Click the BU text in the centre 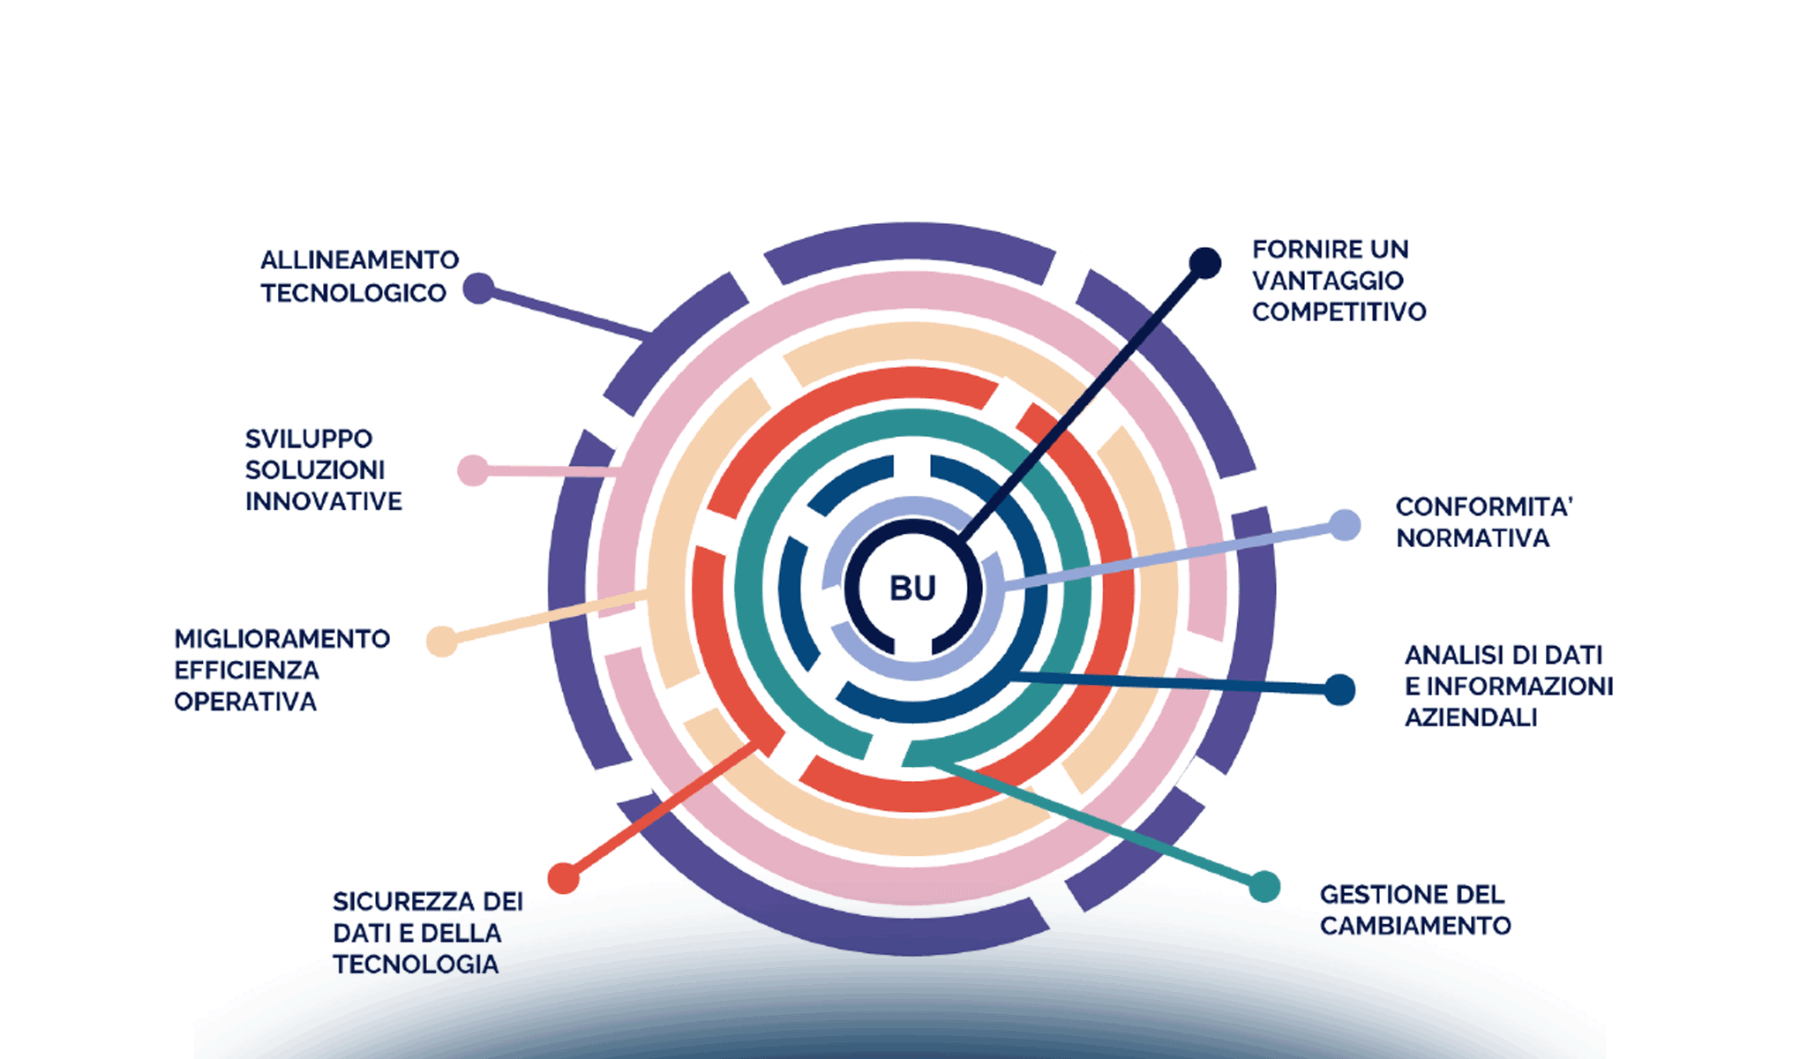tap(912, 589)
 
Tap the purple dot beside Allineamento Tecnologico tap(478, 289)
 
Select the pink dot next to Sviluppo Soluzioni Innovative tap(473, 470)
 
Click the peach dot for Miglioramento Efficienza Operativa tap(441, 641)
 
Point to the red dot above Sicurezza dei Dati tap(563, 878)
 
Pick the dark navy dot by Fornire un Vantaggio tap(1204, 263)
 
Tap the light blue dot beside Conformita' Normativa tap(1344, 525)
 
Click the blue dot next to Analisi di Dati tap(1339, 689)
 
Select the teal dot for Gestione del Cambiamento tap(1264, 887)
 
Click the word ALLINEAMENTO tap(359, 260)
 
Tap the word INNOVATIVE tap(323, 501)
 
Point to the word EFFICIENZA tap(246, 671)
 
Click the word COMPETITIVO tap(1339, 312)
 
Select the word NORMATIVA tap(1472, 538)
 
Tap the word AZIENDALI tap(1471, 717)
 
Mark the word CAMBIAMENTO tap(1415, 926)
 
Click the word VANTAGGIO tap(1327, 281)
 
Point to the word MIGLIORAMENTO tap(281, 639)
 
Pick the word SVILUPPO tap(309, 439)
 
